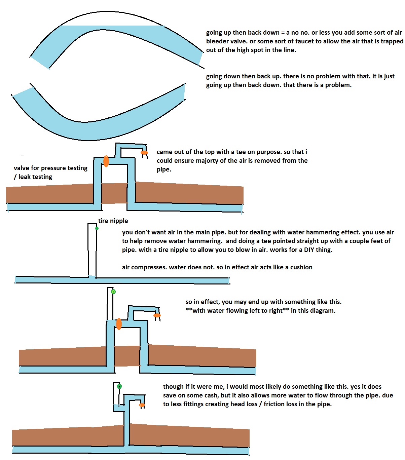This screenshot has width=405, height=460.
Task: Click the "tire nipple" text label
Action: pos(113,221)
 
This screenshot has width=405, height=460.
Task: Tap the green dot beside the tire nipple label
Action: pos(97,228)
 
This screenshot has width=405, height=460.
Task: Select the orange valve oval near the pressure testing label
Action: pos(106,161)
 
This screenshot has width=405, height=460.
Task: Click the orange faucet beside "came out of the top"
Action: pos(144,153)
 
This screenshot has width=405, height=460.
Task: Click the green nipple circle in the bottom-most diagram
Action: pos(119,386)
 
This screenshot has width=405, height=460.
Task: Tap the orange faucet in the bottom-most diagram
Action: pos(142,405)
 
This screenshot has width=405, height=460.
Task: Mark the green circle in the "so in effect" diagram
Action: pos(113,292)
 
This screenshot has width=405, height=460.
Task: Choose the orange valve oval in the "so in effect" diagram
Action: pos(119,324)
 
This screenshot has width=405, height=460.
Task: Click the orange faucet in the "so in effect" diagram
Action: pos(157,315)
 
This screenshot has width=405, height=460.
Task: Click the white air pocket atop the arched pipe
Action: pos(111,21)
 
